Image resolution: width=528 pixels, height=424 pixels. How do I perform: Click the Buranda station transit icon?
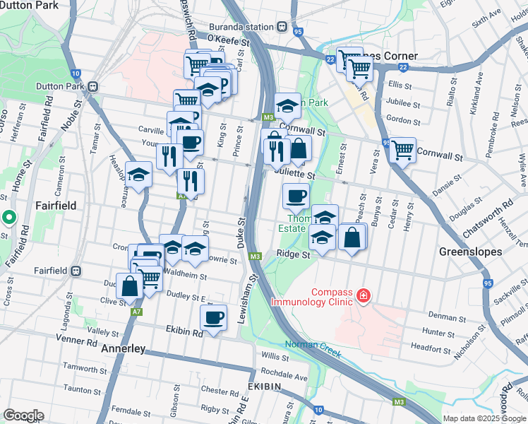tap(282, 27)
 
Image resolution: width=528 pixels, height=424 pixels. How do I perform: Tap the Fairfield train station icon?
tap(76, 271)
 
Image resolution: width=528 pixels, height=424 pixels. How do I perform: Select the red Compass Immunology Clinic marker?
tap(363, 295)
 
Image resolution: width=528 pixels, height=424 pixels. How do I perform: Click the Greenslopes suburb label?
tap(470, 252)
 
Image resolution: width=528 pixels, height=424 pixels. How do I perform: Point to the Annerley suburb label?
tap(123, 349)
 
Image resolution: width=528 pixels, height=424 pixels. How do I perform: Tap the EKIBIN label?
tap(265, 387)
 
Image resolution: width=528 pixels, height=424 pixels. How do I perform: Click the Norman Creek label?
tap(313, 346)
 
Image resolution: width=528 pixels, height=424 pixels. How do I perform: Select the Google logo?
tap(23, 416)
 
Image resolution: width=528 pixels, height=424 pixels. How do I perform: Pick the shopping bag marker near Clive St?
tap(130, 287)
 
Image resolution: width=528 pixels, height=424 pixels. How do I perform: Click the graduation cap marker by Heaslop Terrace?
tap(139, 173)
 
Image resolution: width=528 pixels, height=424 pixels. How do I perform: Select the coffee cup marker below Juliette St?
tap(296, 195)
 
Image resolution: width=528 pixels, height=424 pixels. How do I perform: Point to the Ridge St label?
tap(294, 254)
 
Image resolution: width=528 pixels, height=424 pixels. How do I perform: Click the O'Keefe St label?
tap(229, 42)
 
